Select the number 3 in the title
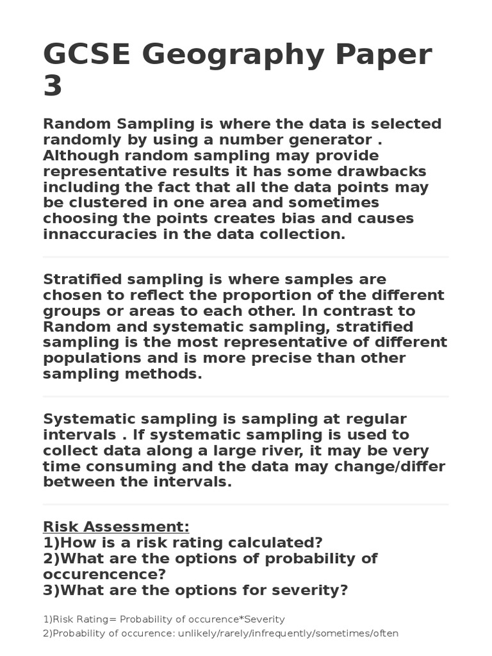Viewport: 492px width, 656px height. (53, 87)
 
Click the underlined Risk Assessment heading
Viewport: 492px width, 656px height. (116, 527)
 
